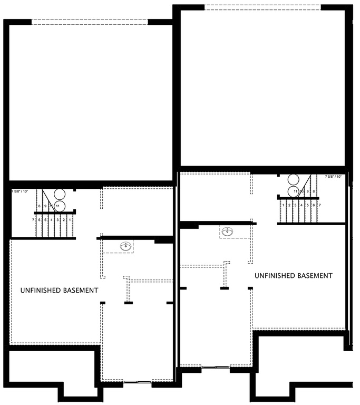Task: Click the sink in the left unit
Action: pyautogui.click(x=125, y=246)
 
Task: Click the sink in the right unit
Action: pyautogui.click(x=228, y=231)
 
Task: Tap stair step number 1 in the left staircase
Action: pyautogui.click(x=70, y=219)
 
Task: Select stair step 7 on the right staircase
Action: pyautogui.click(x=320, y=205)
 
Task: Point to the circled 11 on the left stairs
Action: pyautogui.click(x=58, y=205)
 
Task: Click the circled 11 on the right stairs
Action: pyautogui.click(x=296, y=191)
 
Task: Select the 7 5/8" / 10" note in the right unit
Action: pyautogui.click(x=334, y=177)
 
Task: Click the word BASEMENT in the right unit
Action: pyautogui.click(x=315, y=276)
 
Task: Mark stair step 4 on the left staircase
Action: pyautogui.click(x=52, y=219)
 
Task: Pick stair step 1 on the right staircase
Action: pyautogui.click(x=284, y=205)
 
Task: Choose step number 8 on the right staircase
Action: pyautogui.click(x=314, y=191)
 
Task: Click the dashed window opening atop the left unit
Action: pyautogui.click(x=90, y=22)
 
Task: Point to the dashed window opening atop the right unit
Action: pyautogui.click(x=262, y=7)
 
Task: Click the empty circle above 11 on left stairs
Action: pyautogui.click(x=58, y=194)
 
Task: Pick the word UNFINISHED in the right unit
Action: pyautogui.click(x=275, y=276)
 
